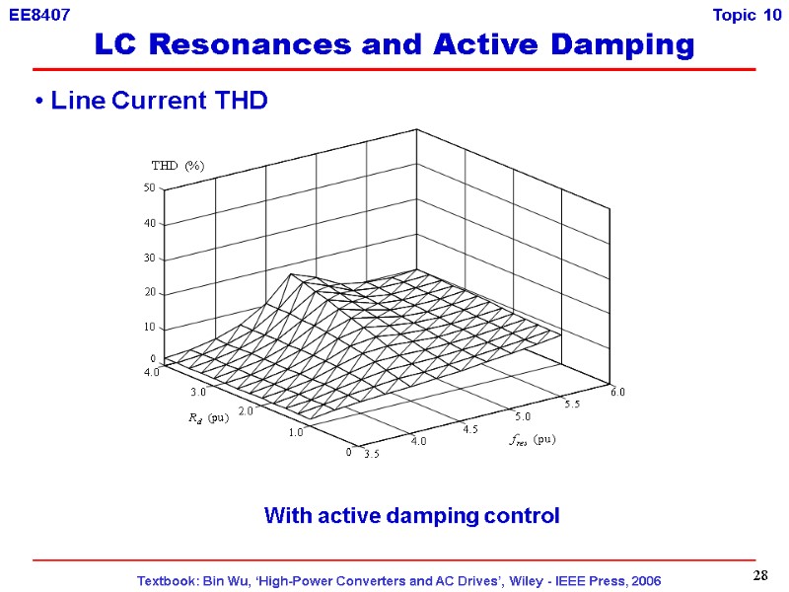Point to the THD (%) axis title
178,166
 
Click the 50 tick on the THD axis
150,188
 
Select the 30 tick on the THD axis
150,259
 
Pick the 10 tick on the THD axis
150,328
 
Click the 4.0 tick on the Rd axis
151,373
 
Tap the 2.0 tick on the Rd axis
246,411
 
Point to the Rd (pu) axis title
208,418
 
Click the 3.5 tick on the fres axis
371,455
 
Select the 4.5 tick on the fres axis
468,428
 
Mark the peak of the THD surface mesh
290,274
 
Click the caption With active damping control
411,515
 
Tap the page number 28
760,575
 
